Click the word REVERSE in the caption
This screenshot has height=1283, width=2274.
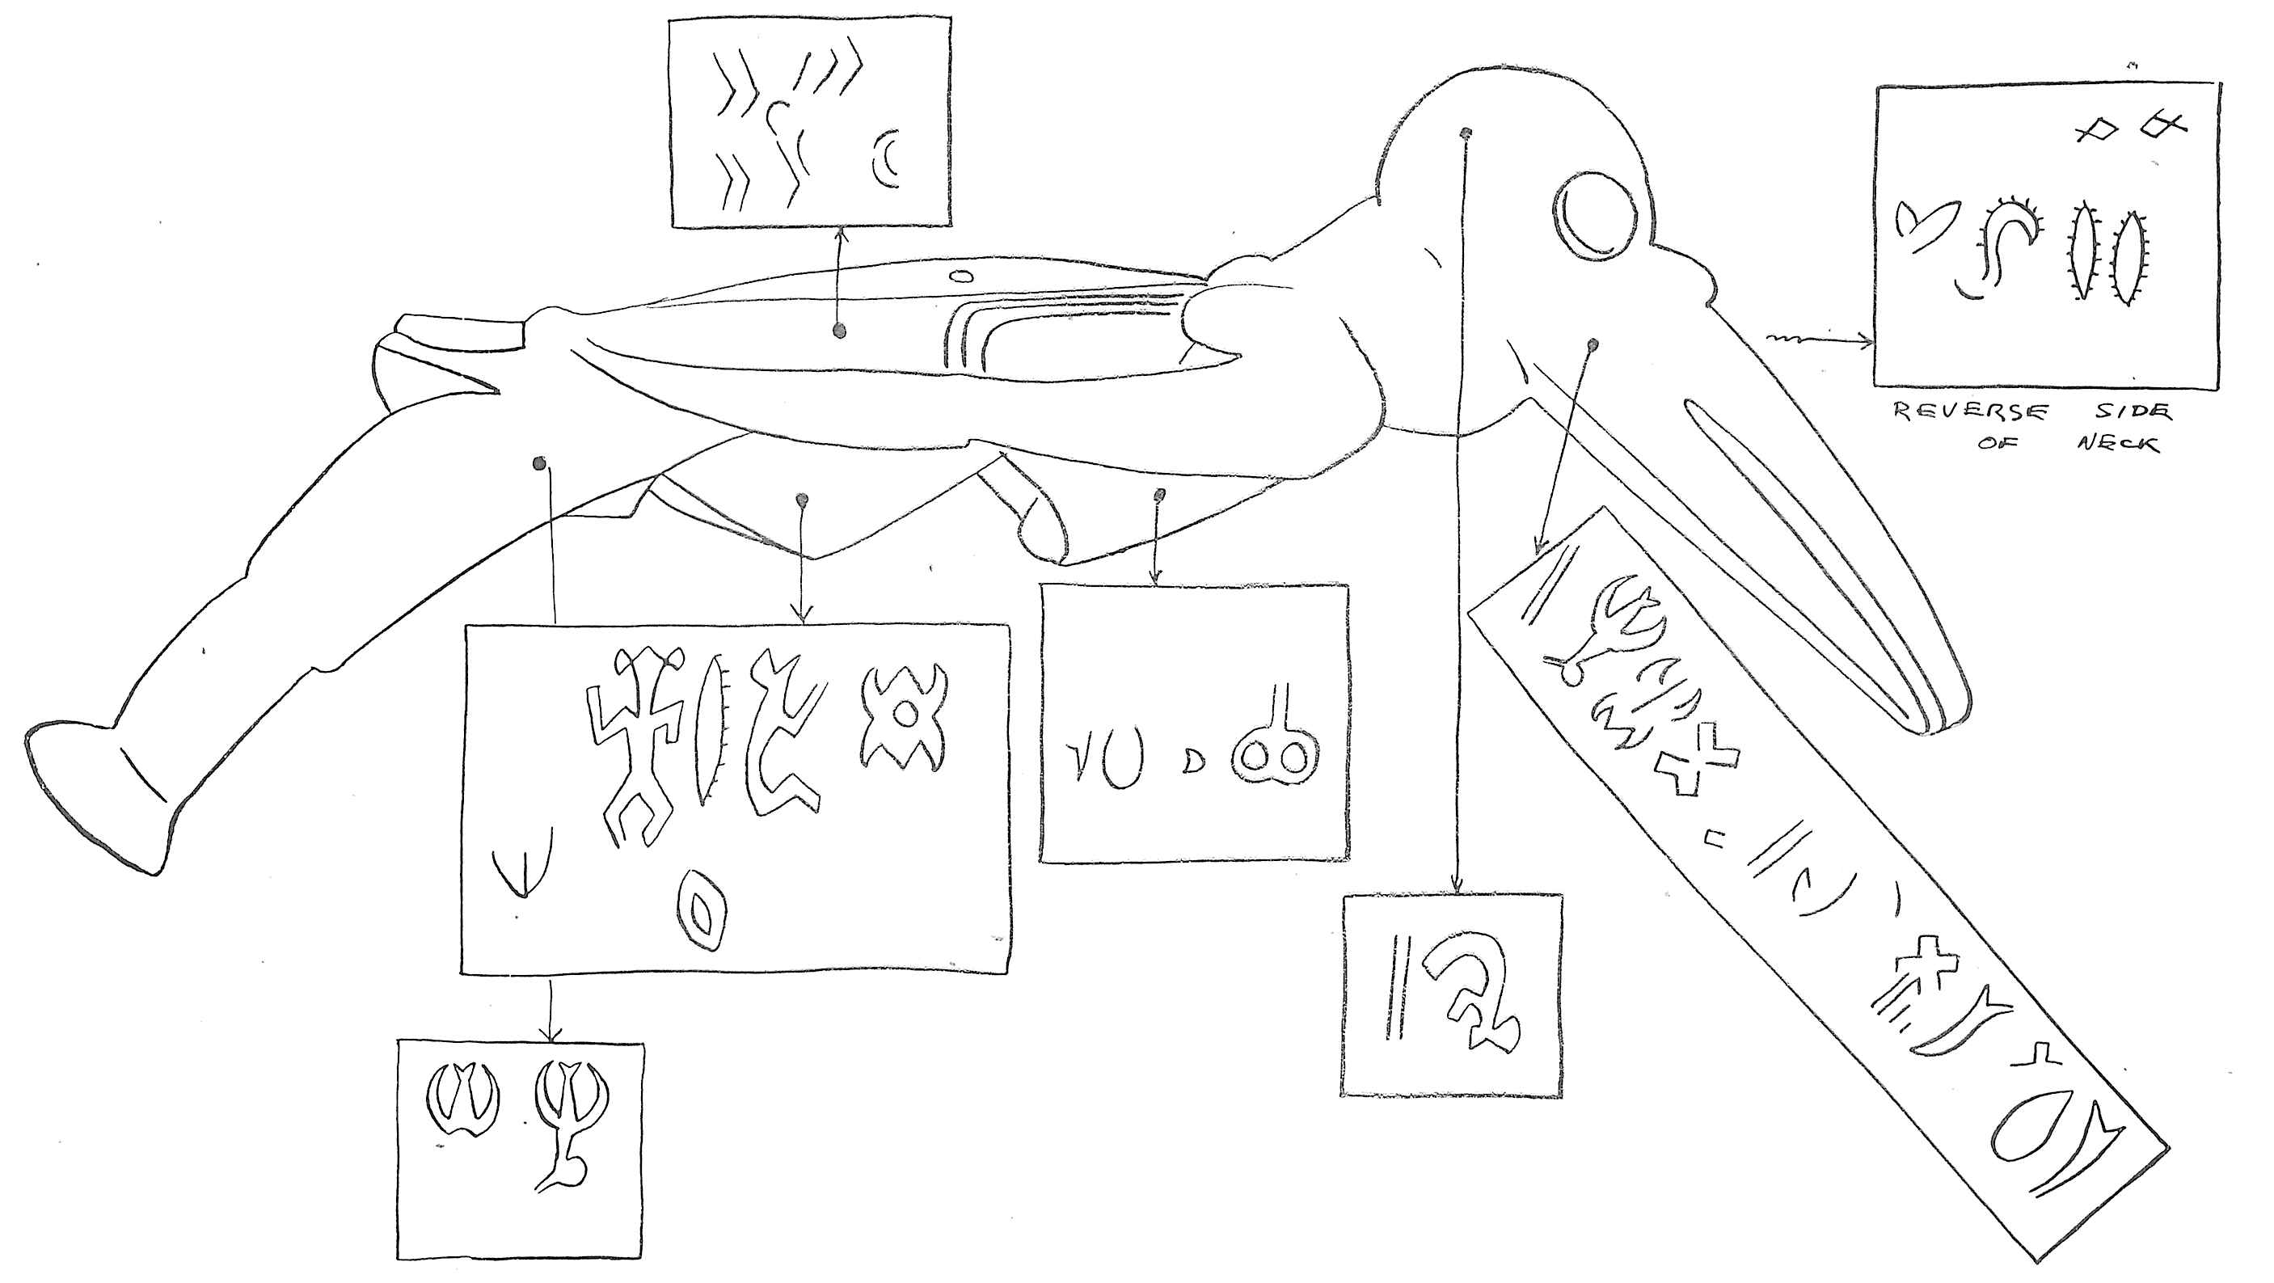click(x=1968, y=412)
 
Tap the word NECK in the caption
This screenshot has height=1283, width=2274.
click(x=2118, y=441)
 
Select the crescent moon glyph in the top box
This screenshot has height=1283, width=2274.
click(x=885, y=160)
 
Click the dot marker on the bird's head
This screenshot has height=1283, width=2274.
click(x=1466, y=133)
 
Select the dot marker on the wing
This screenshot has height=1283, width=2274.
click(x=838, y=330)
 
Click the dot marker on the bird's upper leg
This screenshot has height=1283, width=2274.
click(x=539, y=462)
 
